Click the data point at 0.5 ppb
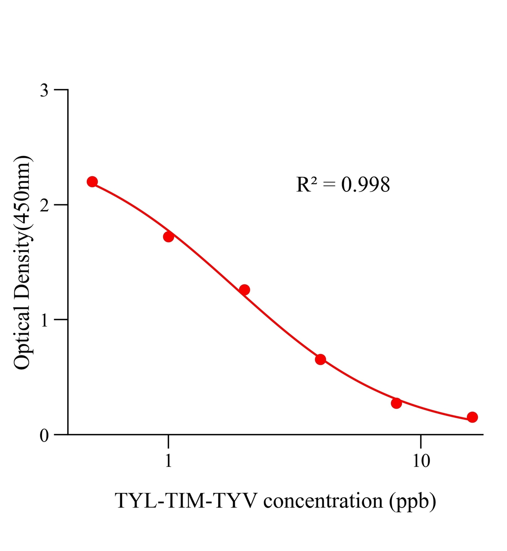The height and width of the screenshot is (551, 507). click(92, 181)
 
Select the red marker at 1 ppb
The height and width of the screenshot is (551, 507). click(168, 237)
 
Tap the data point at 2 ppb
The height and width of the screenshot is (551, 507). click(245, 290)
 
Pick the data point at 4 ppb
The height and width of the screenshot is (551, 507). click(320, 360)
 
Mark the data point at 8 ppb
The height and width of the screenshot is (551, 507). click(396, 403)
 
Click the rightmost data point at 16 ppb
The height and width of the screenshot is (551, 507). click(472, 417)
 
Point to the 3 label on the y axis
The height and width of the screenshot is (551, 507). click(44, 91)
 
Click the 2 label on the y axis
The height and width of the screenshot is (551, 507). click(44, 206)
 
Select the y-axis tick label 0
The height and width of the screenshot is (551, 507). click(44, 436)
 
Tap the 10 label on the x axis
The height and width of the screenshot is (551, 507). click(421, 461)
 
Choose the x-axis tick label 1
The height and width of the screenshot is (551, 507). click(168, 461)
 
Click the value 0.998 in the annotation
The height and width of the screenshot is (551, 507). click(365, 185)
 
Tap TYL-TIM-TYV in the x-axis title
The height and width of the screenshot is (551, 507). click(186, 500)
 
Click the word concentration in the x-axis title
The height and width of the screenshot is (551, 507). click(323, 500)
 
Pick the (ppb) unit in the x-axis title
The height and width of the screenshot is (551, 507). click(413, 500)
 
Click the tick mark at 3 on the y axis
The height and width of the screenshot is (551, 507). click(61, 90)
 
